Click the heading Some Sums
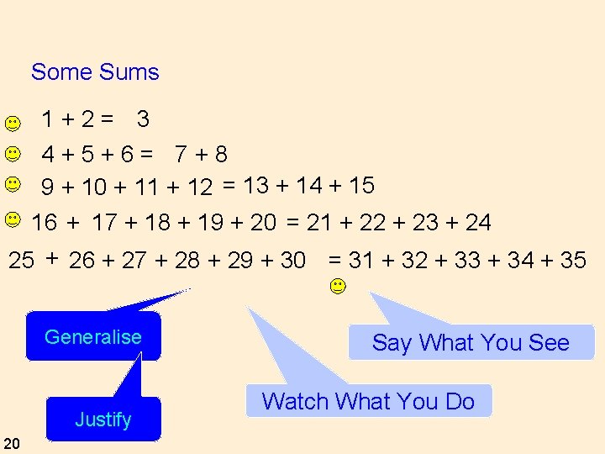[95, 72]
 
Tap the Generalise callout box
[93, 337]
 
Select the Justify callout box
[103, 419]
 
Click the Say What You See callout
[471, 343]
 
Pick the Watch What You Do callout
[368, 401]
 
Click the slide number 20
[12, 443]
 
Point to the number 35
[573, 261]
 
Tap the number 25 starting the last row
[21, 261]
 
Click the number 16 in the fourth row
[45, 223]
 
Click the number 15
[361, 186]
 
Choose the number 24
[478, 223]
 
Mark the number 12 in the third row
[199, 187]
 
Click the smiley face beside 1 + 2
[12, 124]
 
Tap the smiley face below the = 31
[336, 286]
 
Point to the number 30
[292, 261]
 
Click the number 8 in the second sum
[220, 155]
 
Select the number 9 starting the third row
[49, 187]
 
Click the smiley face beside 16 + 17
[12, 220]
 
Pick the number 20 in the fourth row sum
[263, 223]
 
